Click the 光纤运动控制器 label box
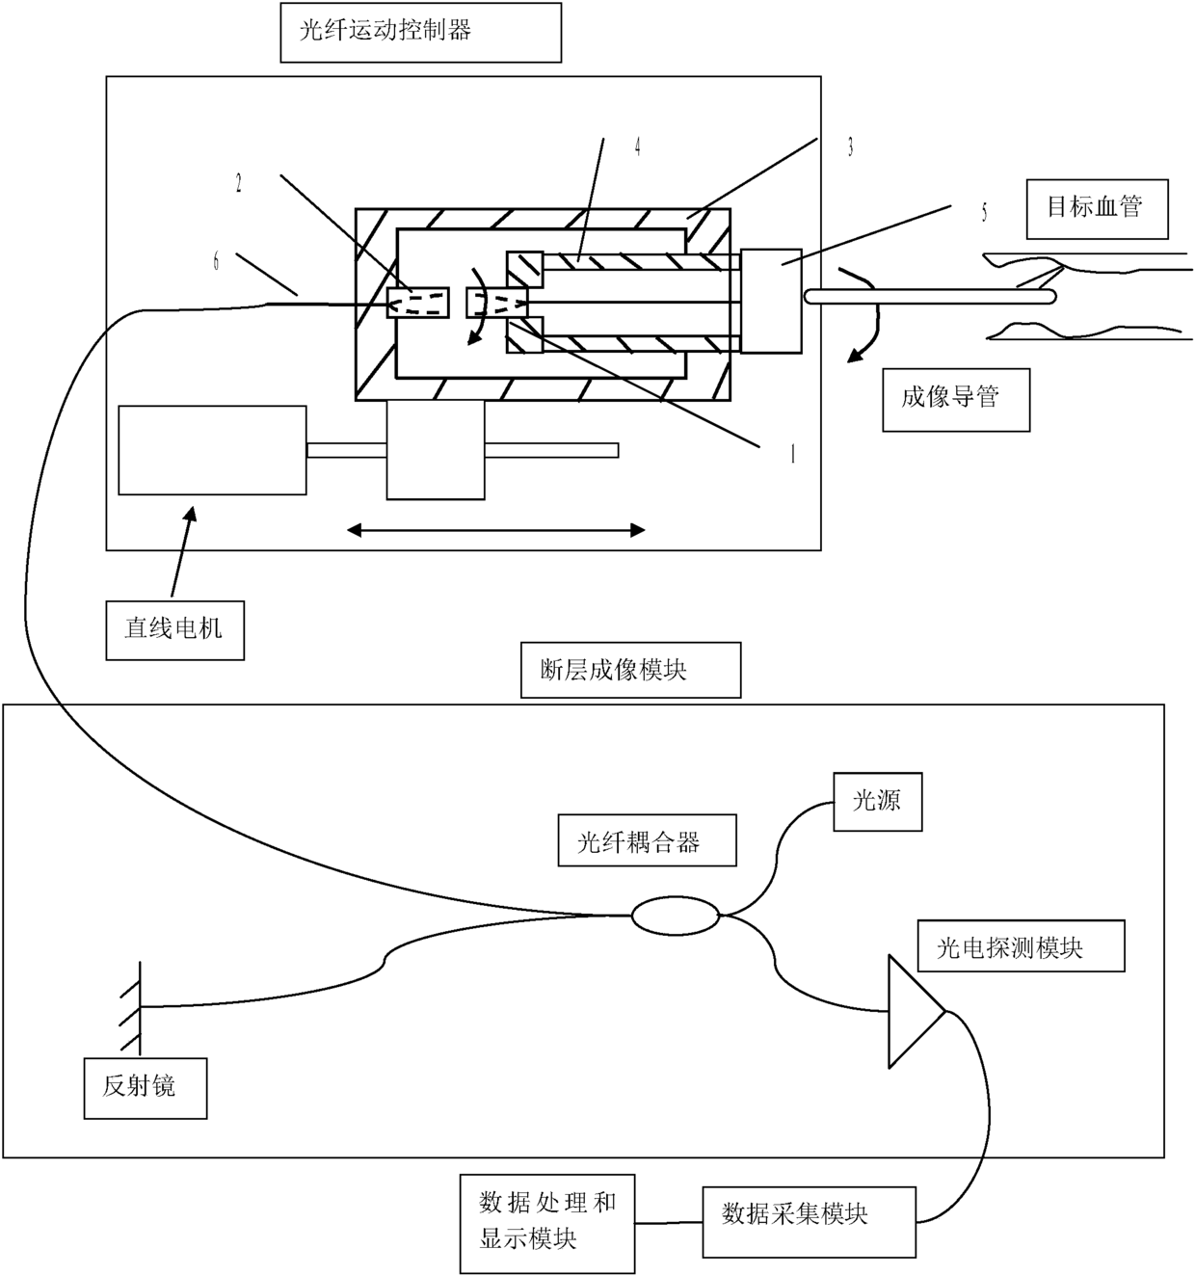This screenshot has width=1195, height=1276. pyautogui.click(x=421, y=33)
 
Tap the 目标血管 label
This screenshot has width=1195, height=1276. pyautogui.click(x=1098, y=209)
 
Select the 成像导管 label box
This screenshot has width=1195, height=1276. pyautogui.click(x=956, y=400)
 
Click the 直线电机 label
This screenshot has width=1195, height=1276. pyautogui.click(x=174, y=630)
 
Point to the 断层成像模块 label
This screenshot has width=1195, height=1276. pyautogui.click(x=630, y=670)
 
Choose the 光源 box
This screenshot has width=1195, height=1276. pyautogui.click(x=878, y=802)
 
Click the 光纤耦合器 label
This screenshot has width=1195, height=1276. pyautogui.click(x=647, y=840)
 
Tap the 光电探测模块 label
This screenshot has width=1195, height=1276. pyautogui.click(x=1021, y=945)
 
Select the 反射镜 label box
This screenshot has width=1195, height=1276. pyautogui.click(x=146, y=1088)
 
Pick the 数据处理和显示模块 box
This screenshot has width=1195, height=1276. pyautogui.click(x=547, y=1224)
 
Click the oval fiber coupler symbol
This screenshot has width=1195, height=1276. pyautogui.click(x=676, y=916)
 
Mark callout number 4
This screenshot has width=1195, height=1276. pyautogui.click(x=637, y=147)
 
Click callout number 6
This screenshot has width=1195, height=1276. pyautogui.click(x=216, y=261)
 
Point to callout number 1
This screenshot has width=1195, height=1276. pyautogui.click(x=793, y=454)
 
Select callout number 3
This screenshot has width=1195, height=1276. pyautogui.click(x=850, y=147)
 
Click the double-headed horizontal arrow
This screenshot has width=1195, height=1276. pyautogui.click(x=495, y=530)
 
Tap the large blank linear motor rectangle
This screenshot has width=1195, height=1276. pyautogui.click(x=212, y=450)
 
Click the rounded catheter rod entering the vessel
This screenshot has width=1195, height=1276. pyautogui.click(x=930, y=296)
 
